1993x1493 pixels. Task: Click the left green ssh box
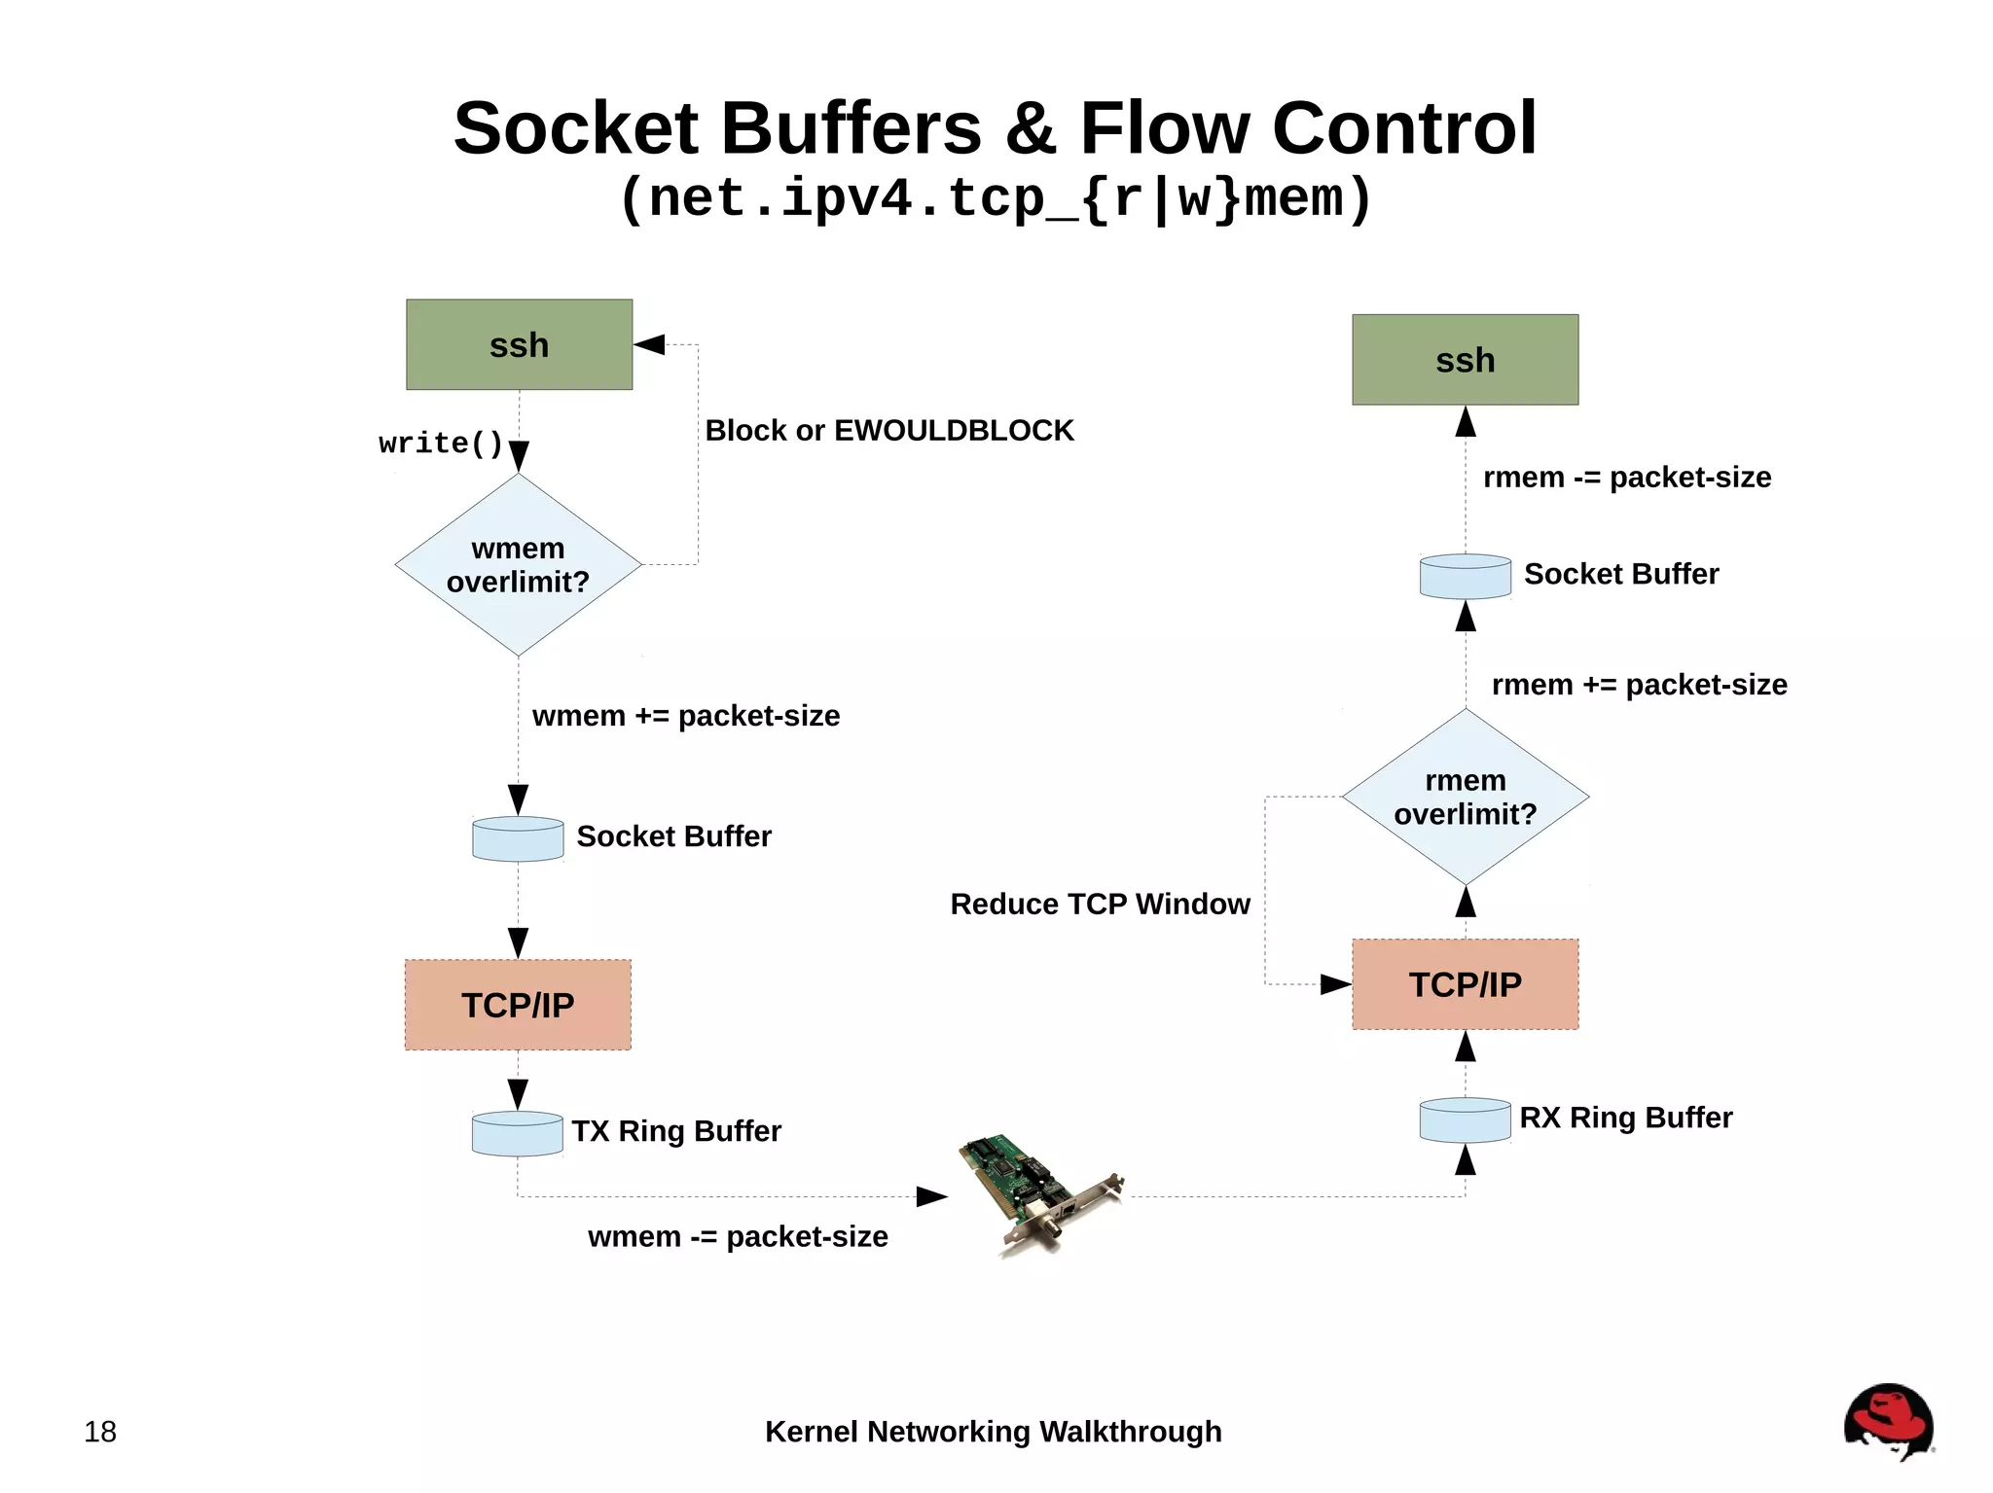[x=519, y=344]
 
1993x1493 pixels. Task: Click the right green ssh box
[x=1465, y=360]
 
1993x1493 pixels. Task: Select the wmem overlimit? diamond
[x=518, y=564]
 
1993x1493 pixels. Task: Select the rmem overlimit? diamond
[x=1465, y=797]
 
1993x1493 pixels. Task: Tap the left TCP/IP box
[x=518, y=1005]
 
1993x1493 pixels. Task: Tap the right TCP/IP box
[x=1465, y=984]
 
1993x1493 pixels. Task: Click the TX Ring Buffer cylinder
[x=517, y=1133]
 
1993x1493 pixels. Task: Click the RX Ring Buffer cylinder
[x=1465, y=1120]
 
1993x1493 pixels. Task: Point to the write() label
[x=440, y=444]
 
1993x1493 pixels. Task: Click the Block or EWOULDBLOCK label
[x=888, y=430]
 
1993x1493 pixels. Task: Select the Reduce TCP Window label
[x=1100, y=904]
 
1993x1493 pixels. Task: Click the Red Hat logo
[x=1887, y=1421]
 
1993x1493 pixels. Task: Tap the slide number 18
[x=100, y=1432]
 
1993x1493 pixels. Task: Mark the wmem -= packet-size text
[x=738, y=1236]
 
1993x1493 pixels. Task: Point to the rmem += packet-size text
[x=1639, y=685]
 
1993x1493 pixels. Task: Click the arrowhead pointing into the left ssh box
[x=649, y=344]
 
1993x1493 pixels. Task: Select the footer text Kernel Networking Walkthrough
[x=993, y=1432]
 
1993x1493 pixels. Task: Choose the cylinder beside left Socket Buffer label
[x=518, y=838]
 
